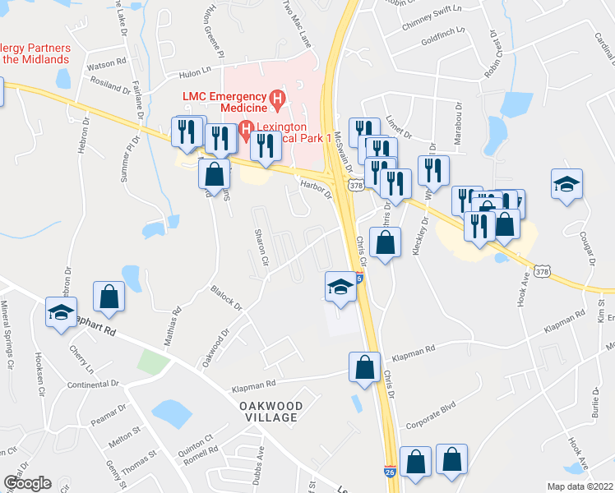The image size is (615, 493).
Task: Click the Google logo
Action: coord(27,483)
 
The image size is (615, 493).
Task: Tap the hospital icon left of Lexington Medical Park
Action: coord(245,130)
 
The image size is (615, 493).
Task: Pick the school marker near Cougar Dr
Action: coord(567,184)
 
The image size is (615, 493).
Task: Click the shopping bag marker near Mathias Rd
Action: coord(109,297)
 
